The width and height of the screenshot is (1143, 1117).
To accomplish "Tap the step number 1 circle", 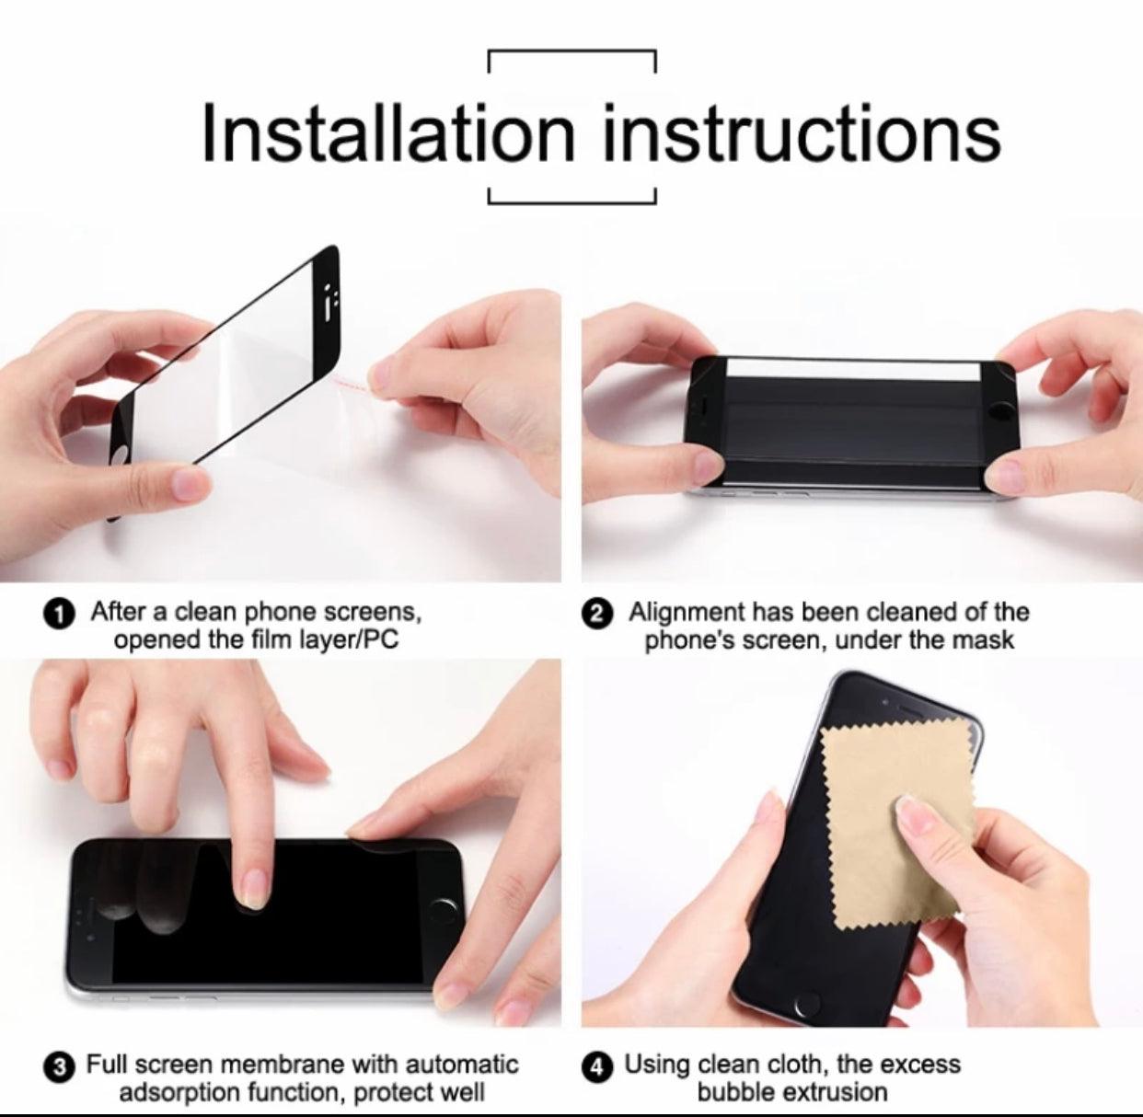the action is coord(59,615).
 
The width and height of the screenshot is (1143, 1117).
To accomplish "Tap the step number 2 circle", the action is coord(596,615).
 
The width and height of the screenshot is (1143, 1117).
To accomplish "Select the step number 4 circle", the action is coord(596,1065).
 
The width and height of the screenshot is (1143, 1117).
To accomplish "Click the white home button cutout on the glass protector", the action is coord(120,458).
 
